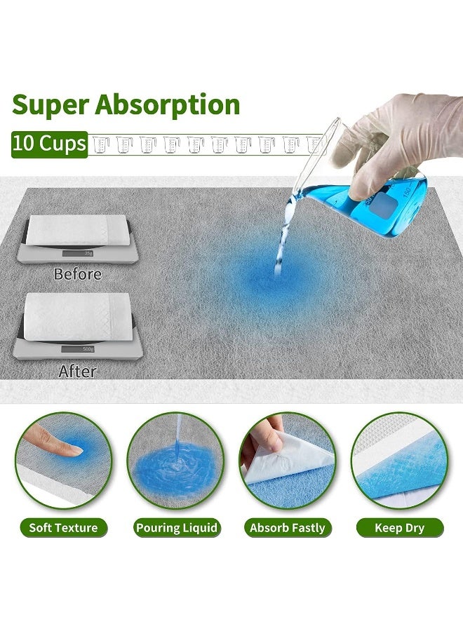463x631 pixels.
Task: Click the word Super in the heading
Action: [x=50, y=104]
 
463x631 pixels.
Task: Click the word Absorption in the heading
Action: [x=168, y=104]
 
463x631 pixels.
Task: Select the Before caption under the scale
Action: [x=78, y=274]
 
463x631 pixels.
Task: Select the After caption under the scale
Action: [x=78, y=371]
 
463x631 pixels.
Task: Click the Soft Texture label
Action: [x=63, y=527]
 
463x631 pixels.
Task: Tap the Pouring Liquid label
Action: [x=177, y=527]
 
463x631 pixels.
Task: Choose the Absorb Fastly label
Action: [x=288, y=527]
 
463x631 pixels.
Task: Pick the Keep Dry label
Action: [x=399, y=527]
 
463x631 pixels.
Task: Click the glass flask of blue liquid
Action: [x=379, y=196]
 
